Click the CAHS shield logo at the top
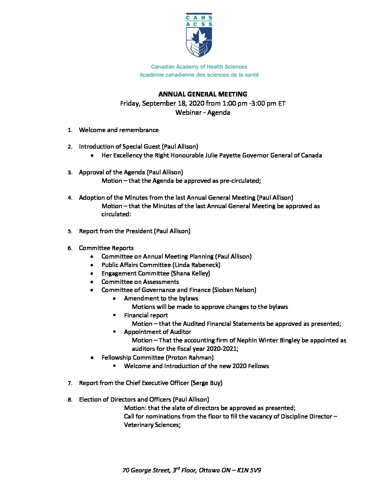pos(199,35)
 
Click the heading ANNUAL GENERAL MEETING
pos(203,94)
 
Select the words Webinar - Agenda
pos(203,112)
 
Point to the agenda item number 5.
pos(70,231)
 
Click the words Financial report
pos(146,315)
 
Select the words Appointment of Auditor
pos(157,332)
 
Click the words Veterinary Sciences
pos(151,425)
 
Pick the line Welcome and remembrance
pos(119,130)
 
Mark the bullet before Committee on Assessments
pos(92,282)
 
